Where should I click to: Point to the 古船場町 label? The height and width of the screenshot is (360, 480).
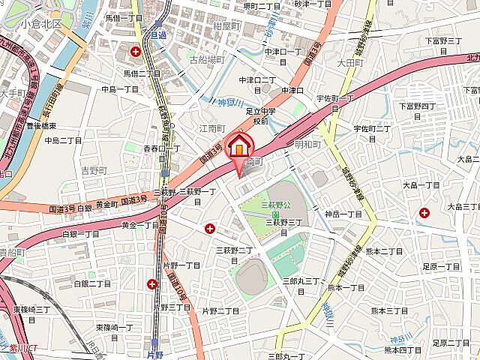206,58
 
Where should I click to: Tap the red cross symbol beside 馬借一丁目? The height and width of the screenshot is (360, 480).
136,52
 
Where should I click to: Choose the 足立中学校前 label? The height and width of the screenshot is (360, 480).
259,116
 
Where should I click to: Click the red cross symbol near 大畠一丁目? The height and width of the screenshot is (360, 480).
424,213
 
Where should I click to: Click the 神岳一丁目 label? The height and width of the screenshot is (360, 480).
343,214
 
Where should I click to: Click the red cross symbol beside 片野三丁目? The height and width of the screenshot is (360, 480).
152,283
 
